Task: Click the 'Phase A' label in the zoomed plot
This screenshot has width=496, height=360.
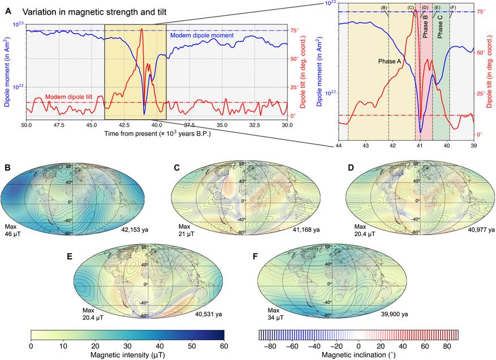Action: [390, 60]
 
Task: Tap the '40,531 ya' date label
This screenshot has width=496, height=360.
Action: [211, 314]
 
